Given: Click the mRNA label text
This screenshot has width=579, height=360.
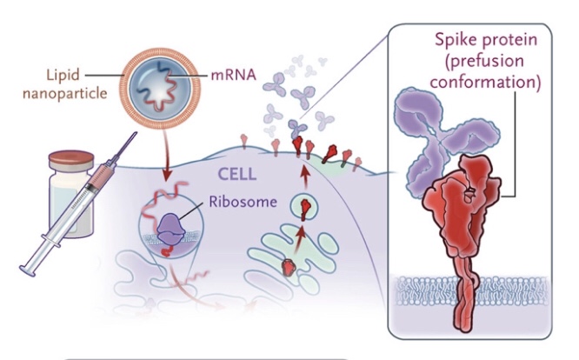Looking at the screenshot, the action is coord(233,75).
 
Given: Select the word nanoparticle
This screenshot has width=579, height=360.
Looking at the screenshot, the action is coord(65,93).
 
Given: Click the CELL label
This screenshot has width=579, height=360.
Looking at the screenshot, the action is coord(237,174).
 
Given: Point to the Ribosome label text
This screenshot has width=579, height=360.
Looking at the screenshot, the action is coord(243,202).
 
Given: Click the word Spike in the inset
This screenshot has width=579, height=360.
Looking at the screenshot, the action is coord(455,39).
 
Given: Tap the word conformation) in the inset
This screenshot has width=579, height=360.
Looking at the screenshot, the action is coord(485,82).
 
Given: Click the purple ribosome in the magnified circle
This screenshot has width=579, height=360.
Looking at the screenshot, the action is coord(171,230).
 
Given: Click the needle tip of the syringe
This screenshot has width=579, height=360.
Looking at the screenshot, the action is coord(136,133).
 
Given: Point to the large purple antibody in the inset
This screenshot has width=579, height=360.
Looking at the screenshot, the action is coord(445,140).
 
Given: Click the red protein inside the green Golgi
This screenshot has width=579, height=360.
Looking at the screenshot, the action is coord(289,267).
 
